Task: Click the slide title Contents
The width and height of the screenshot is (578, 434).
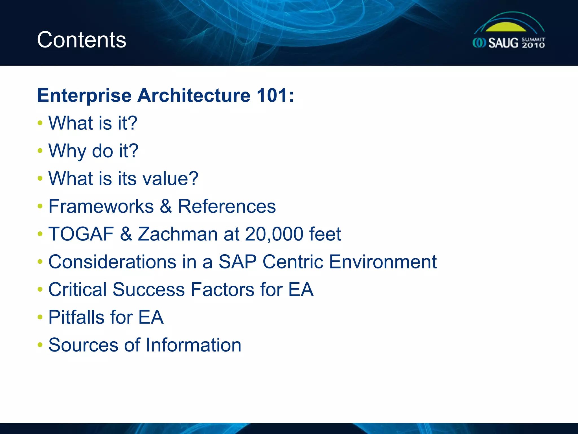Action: pos(82,40)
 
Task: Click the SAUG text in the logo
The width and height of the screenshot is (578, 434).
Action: pos(503,43)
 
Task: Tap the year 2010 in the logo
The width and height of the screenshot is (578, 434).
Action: pos(533,45)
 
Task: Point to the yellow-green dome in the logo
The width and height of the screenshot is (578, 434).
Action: pos(506,27)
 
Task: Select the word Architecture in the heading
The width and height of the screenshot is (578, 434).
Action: pos(194,95)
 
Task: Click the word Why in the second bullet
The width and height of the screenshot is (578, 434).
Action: pos(67,151)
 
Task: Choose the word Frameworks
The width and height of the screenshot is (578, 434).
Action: pos(101,206)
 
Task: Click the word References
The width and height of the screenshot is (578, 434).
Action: pos(227,206)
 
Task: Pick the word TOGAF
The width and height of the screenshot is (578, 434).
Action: pos(81,234)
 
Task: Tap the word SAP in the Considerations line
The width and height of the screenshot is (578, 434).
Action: pos(237,262)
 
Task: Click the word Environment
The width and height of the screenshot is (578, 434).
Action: pos(383,262)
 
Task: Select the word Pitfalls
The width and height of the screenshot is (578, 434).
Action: pos(76,317)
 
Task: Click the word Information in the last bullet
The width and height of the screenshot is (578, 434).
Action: pos(194,345)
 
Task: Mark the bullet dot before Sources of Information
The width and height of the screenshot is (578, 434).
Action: pos(40,345)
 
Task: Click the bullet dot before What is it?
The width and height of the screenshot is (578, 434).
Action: pos(40,123)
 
